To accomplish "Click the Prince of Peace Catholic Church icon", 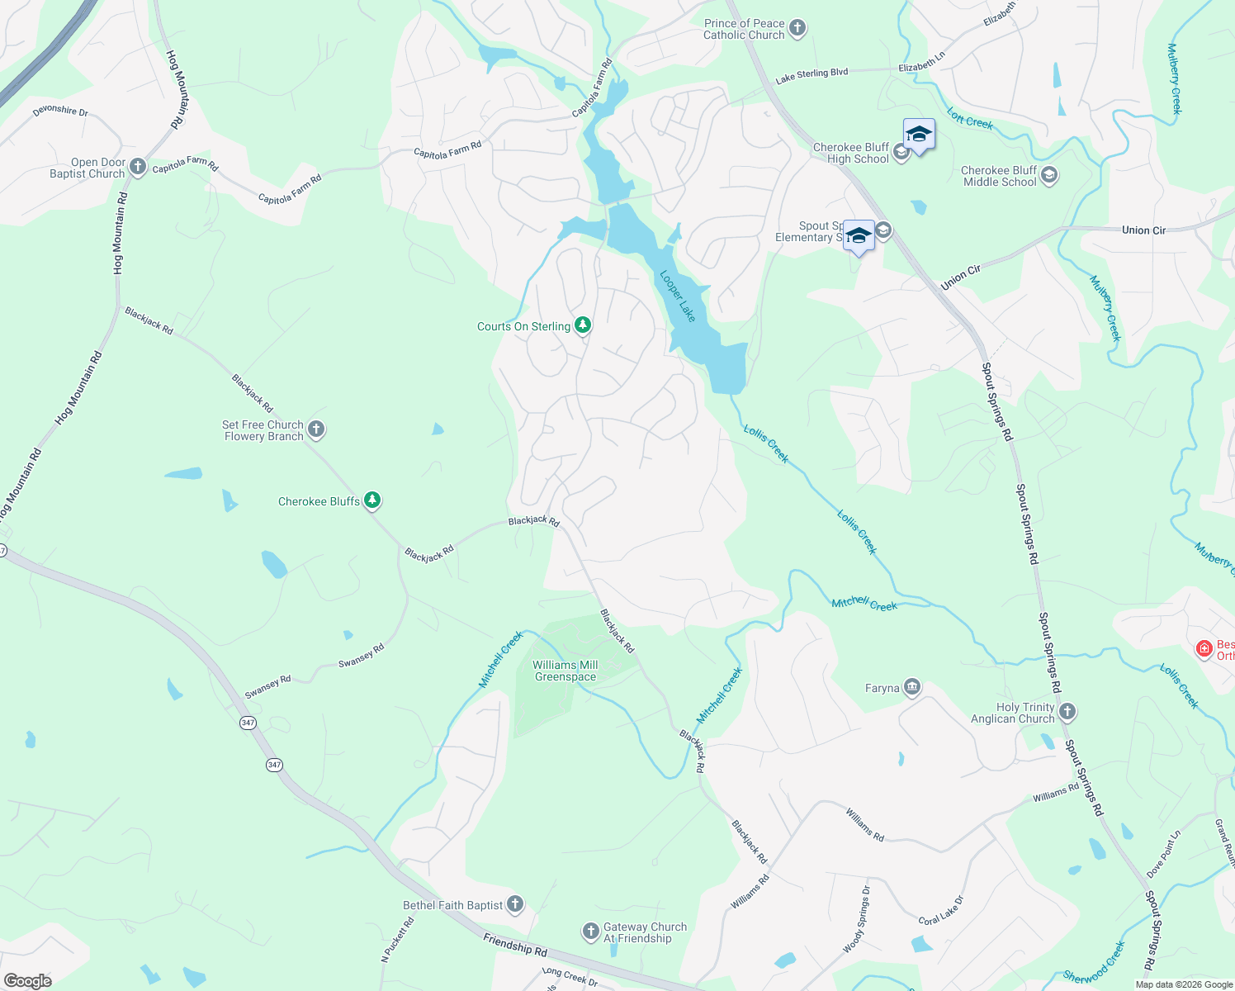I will click(797, 28).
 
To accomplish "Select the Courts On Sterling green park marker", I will click(583, 325).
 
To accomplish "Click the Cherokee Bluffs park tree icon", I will click(373, 500).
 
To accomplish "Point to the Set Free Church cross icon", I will click(316, 429).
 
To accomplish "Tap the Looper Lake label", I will click(678, 296).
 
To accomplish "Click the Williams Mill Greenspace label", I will click(565, 671).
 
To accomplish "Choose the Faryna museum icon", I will click(912, 687).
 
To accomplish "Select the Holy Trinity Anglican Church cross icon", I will click(1067, 712).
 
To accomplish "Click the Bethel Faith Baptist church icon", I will click(515, 904).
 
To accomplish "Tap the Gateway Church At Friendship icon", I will click(590, 932).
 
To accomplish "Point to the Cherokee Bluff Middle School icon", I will click(1049, 176).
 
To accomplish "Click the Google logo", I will click(28, 981).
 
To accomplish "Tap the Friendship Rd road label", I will click(515, 945).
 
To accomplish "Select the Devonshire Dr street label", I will click(60, 111).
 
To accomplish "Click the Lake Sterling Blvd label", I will click(812, 75).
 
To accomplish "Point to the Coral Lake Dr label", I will click(941, 910).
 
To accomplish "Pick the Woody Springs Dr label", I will click(856, 919).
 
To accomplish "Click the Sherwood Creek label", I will click(1095, 963).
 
